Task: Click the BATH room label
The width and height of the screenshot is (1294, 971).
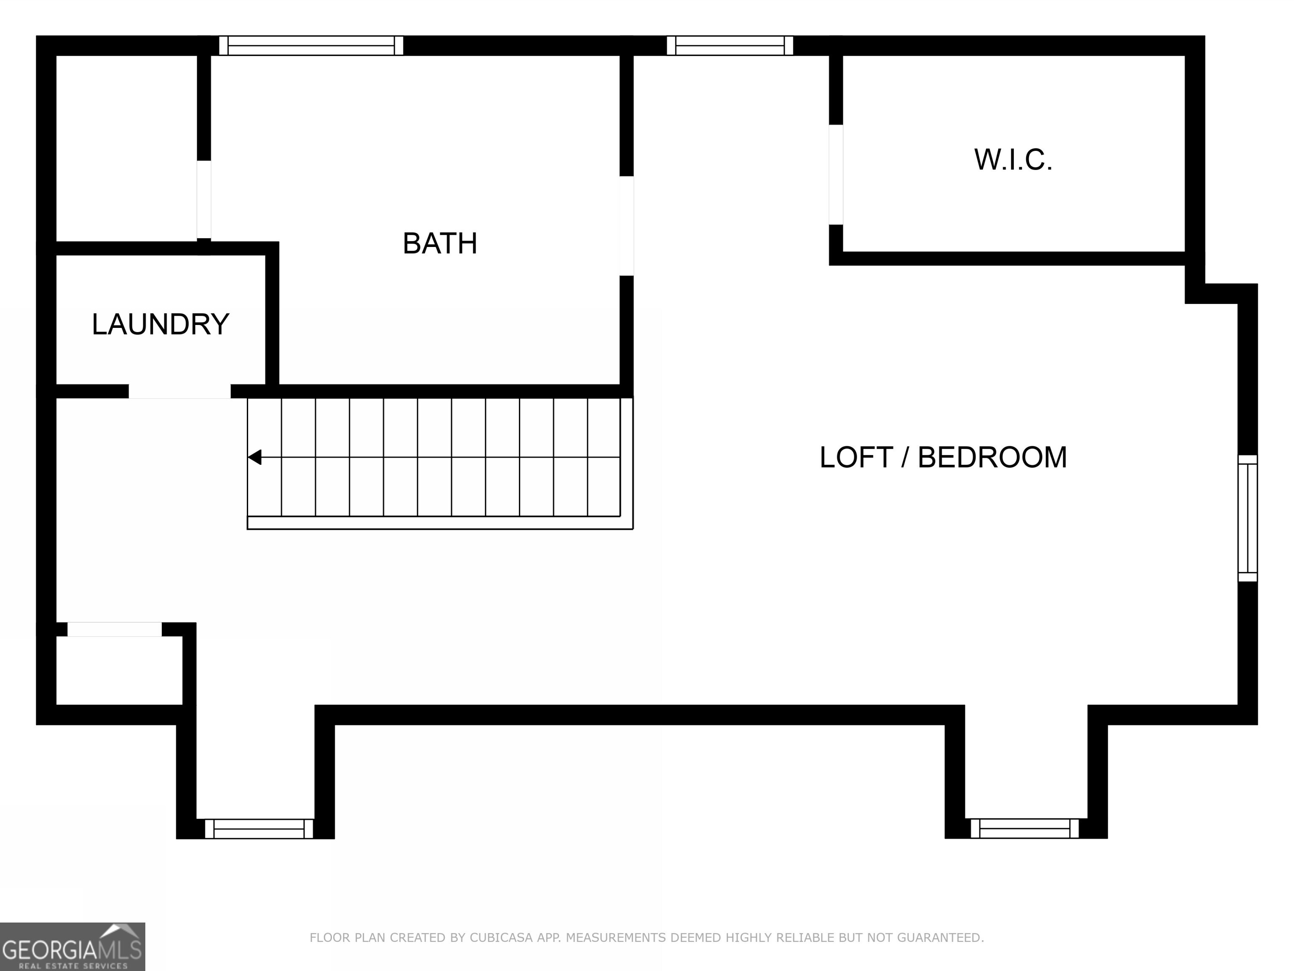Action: (x=440, y=244)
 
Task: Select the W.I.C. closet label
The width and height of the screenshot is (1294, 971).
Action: (x=1013, y=160)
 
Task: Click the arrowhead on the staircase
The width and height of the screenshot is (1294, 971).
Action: (x=255, y=457)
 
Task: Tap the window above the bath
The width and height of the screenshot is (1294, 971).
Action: (x=311, y=46)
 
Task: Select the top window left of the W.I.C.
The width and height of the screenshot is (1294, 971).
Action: (x=730, y=46)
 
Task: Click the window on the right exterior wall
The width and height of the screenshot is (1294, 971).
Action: (x=1247, y=518)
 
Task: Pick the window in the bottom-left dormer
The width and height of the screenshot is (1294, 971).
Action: (x=259, y=828)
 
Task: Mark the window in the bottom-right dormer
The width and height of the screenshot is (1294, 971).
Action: (x=1024, y=828)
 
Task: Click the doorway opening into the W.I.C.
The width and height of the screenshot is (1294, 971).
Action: (x=836, y=174)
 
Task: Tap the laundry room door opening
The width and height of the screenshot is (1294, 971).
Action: (x=179, y=392)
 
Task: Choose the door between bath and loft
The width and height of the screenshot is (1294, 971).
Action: (x=626, y=226)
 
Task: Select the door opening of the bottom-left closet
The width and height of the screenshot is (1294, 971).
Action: (x=114, y=629)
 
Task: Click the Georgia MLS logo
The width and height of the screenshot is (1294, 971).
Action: (x=72, y=947)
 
